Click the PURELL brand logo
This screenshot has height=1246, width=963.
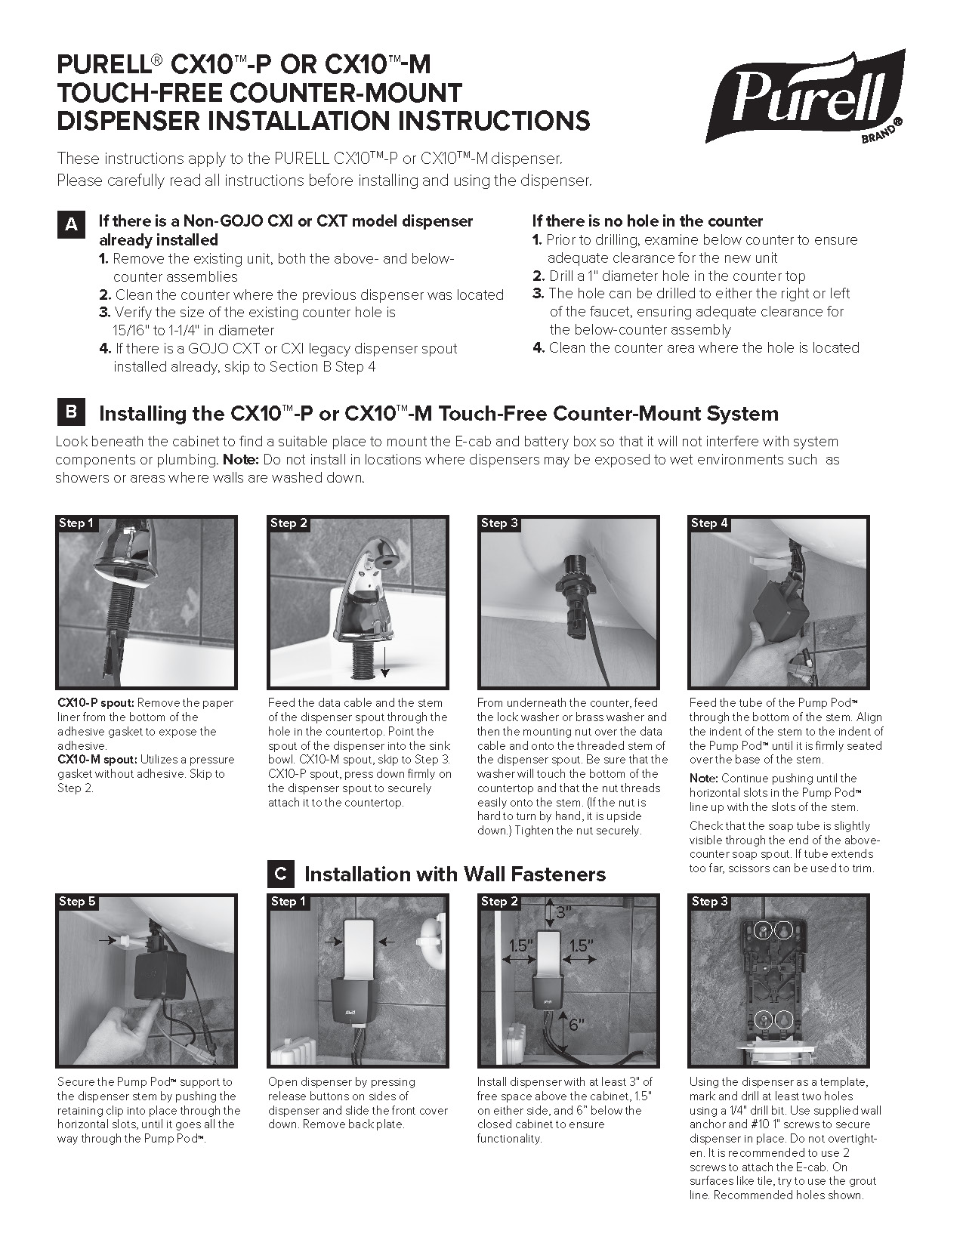805,96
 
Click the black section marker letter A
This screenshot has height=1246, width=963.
70,224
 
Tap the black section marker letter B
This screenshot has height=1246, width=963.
70,412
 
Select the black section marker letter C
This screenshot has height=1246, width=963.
280,874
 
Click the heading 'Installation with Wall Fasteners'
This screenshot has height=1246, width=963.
455,874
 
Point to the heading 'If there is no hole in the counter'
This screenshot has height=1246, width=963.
647,221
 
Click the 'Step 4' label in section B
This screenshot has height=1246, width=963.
709,523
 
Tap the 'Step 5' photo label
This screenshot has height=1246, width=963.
77,901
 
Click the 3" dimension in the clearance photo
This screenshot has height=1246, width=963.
563,913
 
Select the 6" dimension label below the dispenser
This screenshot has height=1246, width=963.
576,1025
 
